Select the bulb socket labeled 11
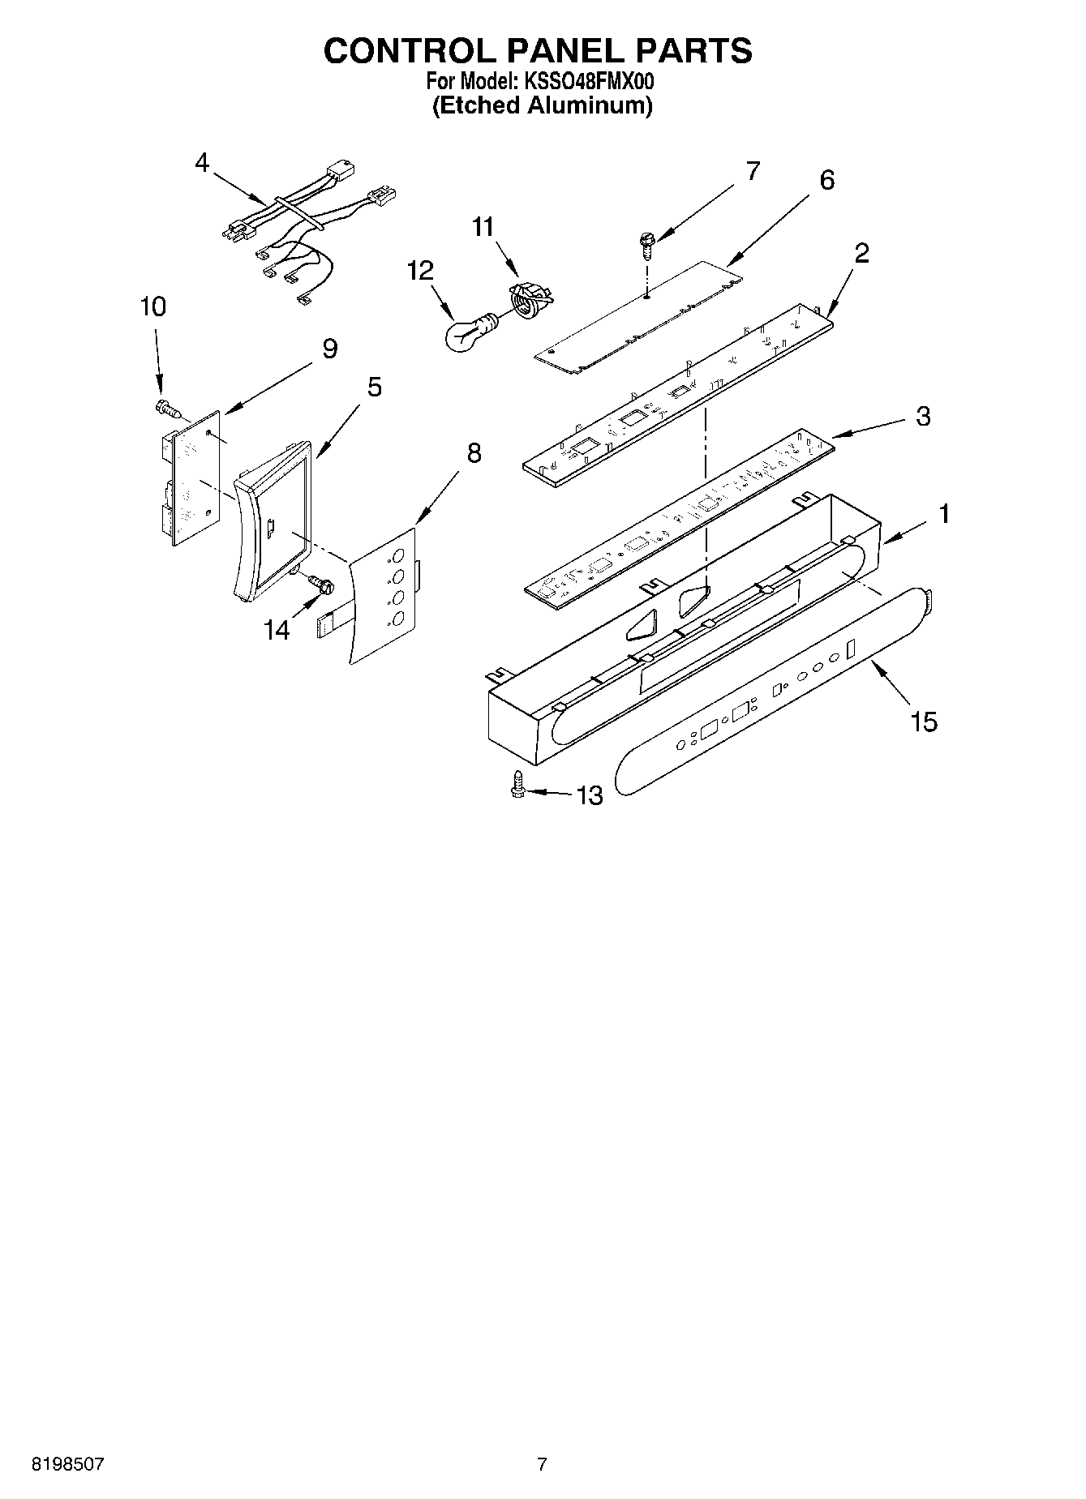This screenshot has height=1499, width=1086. point(529,300)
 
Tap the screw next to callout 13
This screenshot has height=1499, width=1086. point(517,785)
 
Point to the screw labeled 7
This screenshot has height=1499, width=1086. point(646,242)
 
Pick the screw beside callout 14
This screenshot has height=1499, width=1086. point(320,583)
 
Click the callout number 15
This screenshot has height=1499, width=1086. point(923,721)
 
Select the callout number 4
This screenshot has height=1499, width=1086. point(202,163)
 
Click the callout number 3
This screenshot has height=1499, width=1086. point(923,417)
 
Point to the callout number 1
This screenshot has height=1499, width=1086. point(943,513)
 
